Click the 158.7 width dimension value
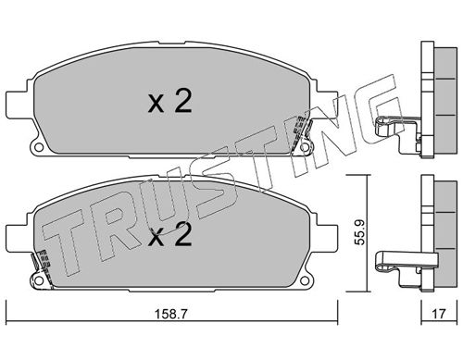point(170,315)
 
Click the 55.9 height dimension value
point(359,232)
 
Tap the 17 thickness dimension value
point(439,314)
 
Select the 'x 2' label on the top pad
point(169,101)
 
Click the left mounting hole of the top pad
point(39,147)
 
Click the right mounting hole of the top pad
point(305,147)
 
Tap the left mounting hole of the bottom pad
point(39,280)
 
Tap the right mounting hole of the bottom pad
point(305,280)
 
